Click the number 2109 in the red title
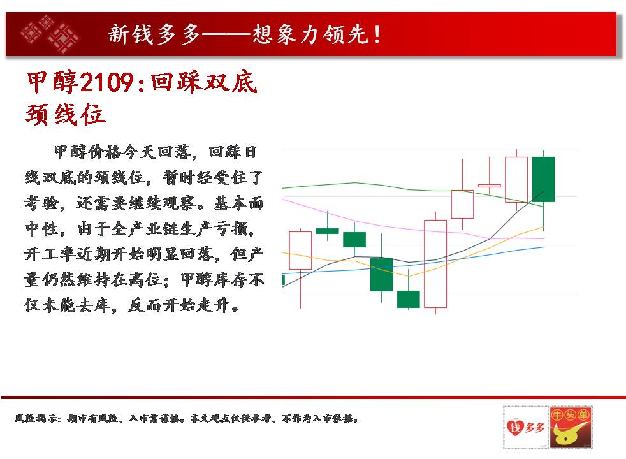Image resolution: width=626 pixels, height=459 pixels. (107, 83)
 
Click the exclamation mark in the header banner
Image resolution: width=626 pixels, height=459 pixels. (377, 34)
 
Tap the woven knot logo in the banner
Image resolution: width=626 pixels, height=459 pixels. (50, 34)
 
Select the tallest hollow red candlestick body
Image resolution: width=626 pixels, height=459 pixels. (435, 264)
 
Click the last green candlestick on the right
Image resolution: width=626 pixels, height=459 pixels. (543, 179)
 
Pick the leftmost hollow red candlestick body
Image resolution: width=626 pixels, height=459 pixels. (300, 251)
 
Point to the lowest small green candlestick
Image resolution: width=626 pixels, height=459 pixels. (409, 299)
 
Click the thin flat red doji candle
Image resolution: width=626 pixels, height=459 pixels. (490, 186)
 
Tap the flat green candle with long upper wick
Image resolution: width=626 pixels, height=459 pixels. (328, 231)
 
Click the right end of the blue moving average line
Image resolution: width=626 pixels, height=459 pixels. (544, 247)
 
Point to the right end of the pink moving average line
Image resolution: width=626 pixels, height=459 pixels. (544, 238)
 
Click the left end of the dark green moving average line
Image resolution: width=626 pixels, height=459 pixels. (282, 187)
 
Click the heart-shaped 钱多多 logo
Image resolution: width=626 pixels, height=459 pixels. (526, 428)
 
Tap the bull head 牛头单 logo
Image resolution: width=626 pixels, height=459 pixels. (570, 428)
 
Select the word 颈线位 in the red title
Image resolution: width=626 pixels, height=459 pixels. (66, 115)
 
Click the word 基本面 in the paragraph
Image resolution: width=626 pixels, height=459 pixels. (238, 203)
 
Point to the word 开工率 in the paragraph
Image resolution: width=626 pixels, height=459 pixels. (48, 254)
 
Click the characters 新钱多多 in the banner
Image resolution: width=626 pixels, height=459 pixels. (154, 34)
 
